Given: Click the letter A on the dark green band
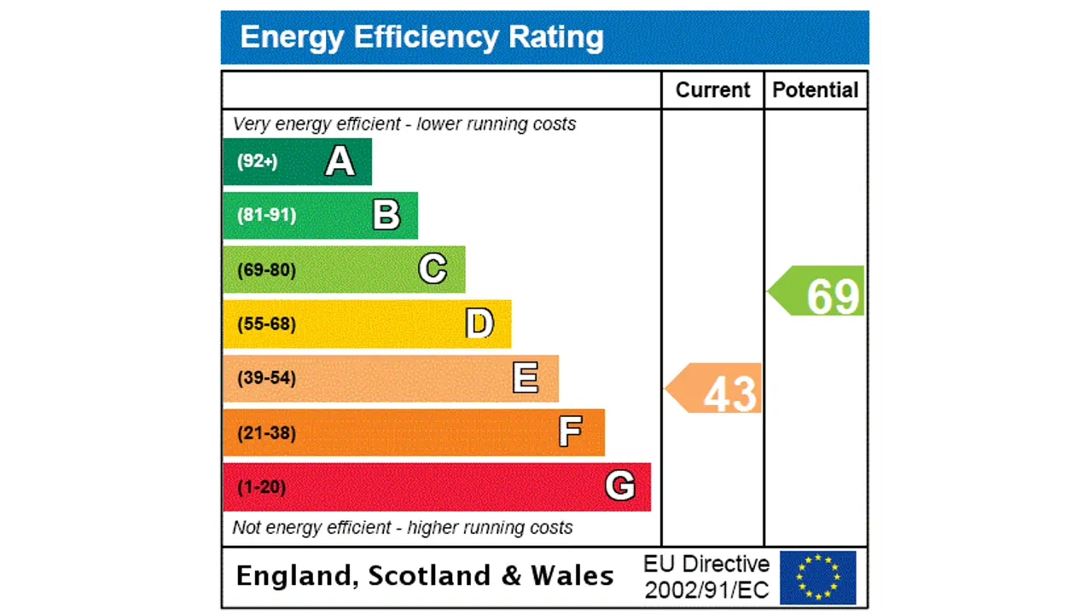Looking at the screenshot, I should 340,161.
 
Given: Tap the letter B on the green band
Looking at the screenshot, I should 386,215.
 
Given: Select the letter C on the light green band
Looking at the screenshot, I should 433,269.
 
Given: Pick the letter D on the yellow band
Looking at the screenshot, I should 479,324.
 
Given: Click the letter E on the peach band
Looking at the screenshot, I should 526,378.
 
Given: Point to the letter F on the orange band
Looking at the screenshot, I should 571,432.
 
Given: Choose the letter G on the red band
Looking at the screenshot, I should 620,486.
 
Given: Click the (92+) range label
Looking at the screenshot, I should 257,161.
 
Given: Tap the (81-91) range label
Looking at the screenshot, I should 266,215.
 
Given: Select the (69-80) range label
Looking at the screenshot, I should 266,270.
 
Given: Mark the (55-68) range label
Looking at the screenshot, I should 266,324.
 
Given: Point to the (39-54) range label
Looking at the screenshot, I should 266,378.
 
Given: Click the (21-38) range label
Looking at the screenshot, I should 266,433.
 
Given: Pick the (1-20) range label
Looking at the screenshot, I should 261,487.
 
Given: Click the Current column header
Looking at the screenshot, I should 712,90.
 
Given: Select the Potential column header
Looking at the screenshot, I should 816,90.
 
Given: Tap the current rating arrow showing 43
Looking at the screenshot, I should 717,390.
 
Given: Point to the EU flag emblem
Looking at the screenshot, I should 817,577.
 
